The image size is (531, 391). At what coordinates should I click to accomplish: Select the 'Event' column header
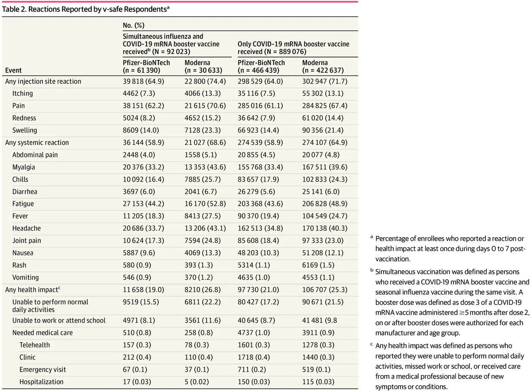coord(14,70)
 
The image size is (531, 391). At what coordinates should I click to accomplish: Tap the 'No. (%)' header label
coord(134,25)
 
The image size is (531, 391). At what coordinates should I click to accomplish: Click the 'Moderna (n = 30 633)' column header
coord(204,67)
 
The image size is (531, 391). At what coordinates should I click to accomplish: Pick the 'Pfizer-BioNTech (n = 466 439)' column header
coord(261,67)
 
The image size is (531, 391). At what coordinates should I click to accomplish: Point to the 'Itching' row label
coord(23,94)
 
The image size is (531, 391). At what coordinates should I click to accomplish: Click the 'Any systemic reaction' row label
coord(37,142)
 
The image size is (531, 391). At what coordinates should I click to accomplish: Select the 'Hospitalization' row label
coord(42,382)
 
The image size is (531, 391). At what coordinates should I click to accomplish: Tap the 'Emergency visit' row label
coord(42,369)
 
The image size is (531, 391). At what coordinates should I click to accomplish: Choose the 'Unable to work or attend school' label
coord(59,320)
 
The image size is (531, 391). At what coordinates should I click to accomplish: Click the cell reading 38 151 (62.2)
coord(143,106)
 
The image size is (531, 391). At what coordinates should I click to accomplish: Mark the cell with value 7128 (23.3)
coord(203,130)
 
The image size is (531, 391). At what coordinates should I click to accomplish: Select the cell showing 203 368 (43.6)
coord(260,204)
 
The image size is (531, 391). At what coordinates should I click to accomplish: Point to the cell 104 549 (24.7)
coord(325,216)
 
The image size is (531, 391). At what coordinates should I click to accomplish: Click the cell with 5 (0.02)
coord(197,382)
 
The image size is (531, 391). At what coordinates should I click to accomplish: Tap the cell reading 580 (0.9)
coord(137,265)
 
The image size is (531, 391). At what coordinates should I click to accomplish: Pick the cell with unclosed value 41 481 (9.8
coord(319,320)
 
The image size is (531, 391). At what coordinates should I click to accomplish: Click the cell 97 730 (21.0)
coord(258,290)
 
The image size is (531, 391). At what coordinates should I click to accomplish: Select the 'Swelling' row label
coord(25,130)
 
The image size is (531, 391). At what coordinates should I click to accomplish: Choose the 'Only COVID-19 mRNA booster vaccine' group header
coord(293,44)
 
